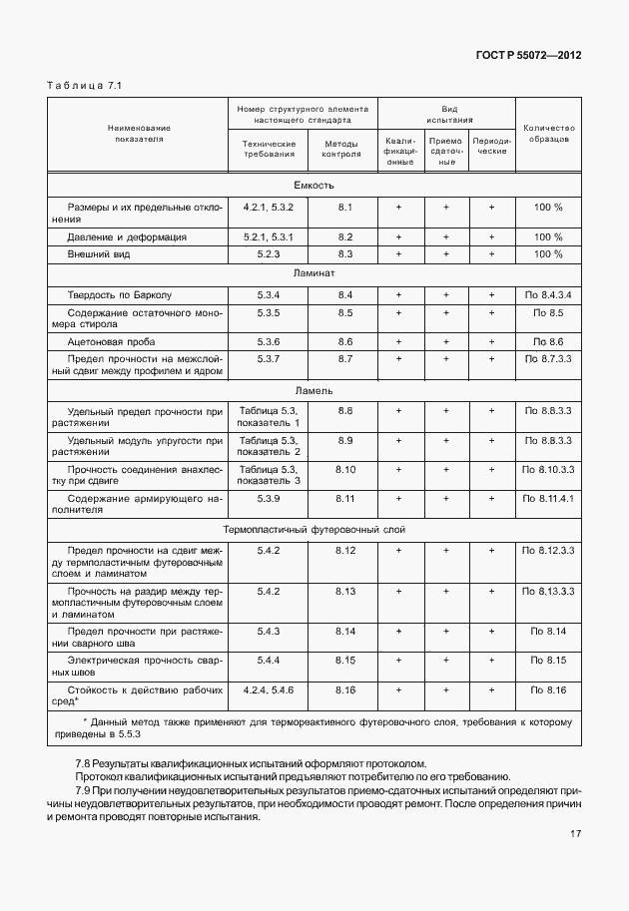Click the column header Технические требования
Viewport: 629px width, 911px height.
pos(269,148)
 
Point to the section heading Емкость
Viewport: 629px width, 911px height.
pos(314,186)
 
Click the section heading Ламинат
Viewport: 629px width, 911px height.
pos(314,271)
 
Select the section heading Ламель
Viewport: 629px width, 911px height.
pos(314,390)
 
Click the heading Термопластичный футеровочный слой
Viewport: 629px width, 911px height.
pos(314,530)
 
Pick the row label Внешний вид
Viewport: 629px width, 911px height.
pos(99,254)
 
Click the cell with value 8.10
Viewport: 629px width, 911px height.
pos(345,468)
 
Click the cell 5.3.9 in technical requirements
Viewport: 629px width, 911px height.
pos(269,497)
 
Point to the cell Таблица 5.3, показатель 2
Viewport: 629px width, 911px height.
pos(269,445)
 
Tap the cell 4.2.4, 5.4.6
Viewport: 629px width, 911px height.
pos(269,688)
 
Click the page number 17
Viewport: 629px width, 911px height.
pos(576,834)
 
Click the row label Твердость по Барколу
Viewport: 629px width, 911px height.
pos(119,295)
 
